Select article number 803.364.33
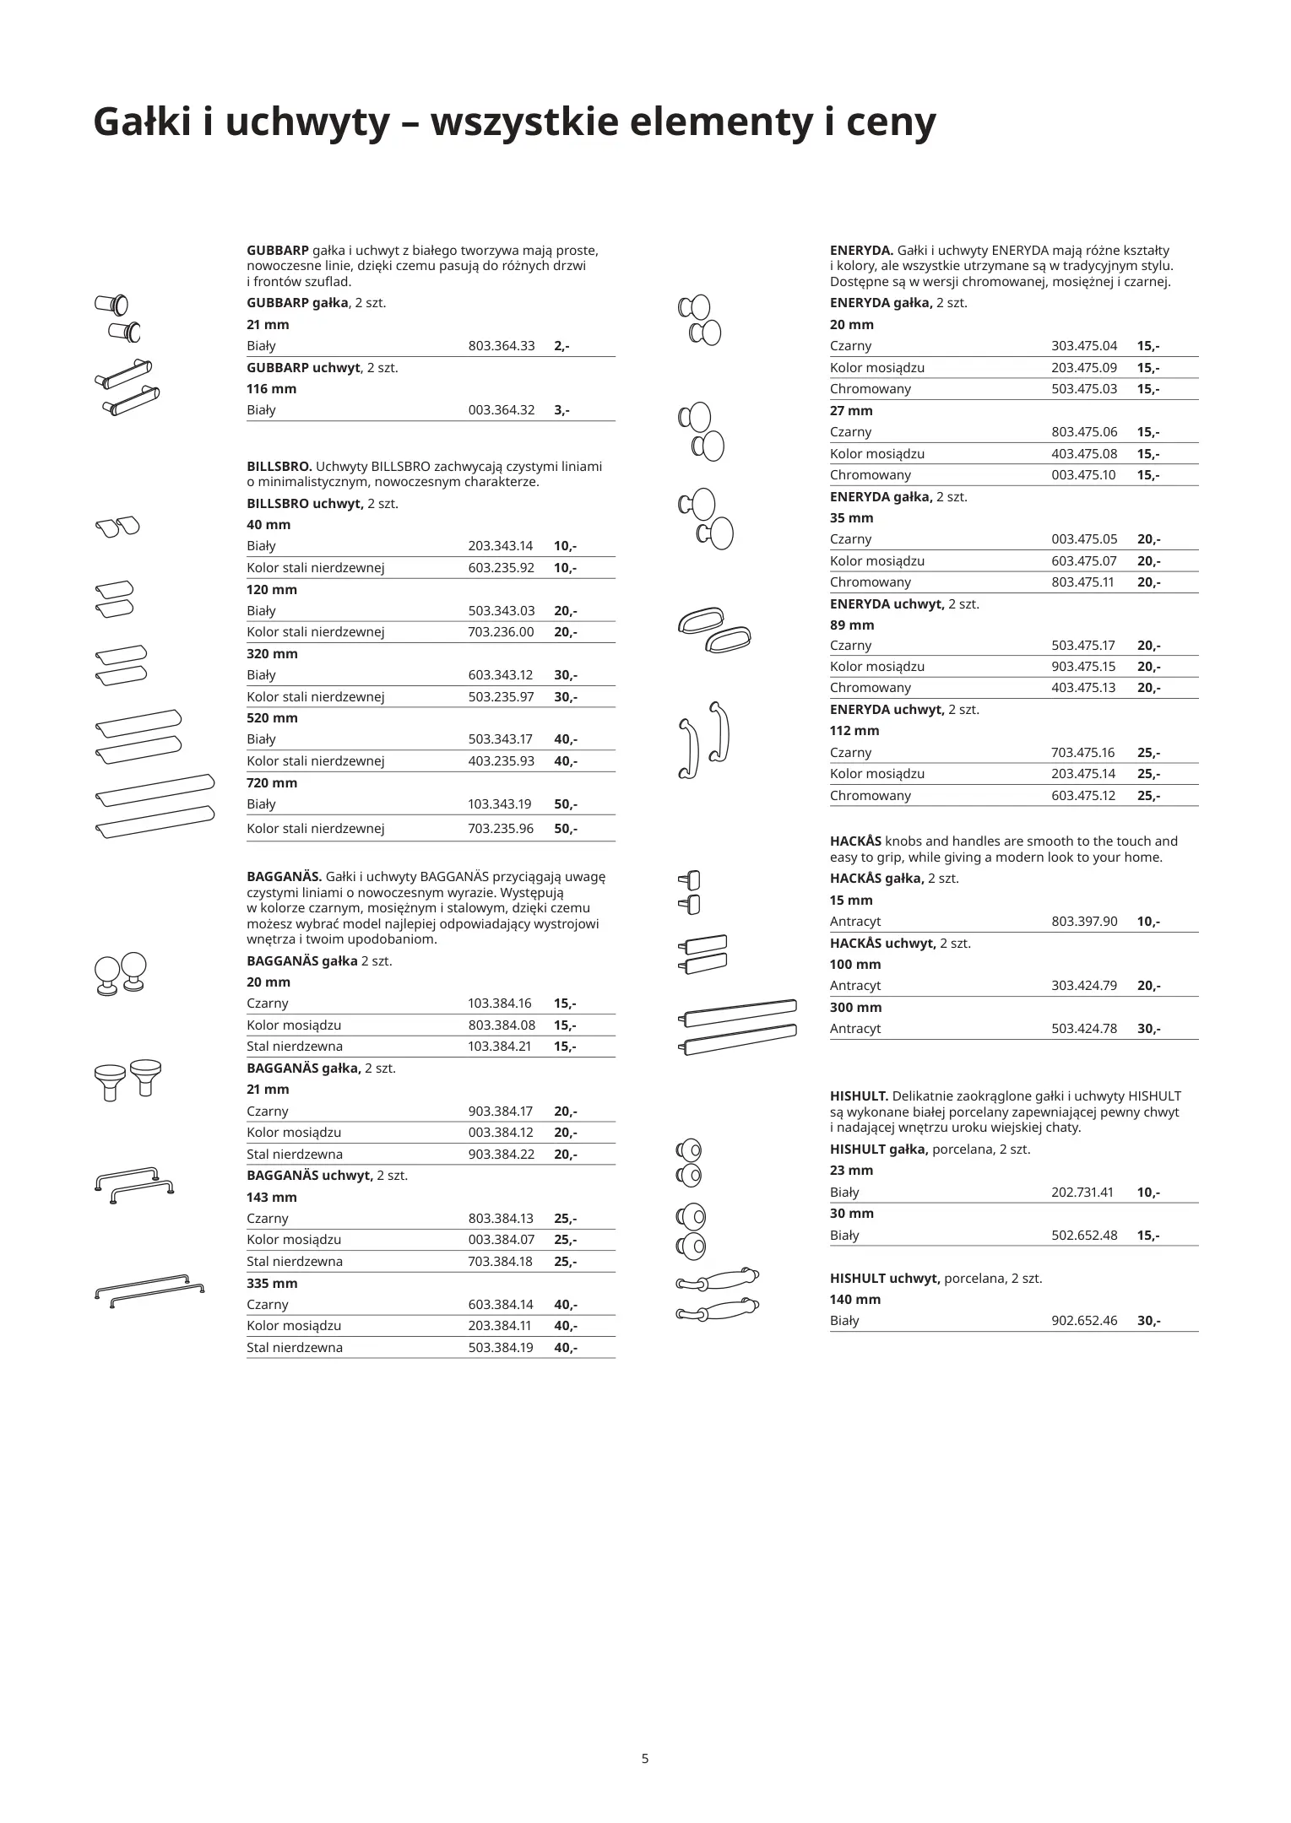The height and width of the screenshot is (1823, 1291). point(502,346)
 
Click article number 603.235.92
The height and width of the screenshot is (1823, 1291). point(502,568)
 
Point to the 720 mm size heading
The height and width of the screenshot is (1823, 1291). point(272,783)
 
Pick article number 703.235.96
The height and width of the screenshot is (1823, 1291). point(502,829)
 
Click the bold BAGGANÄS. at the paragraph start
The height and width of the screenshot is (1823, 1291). point(284,877)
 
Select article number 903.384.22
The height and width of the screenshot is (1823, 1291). point(502,1155)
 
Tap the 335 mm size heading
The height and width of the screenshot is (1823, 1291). point(272,1284)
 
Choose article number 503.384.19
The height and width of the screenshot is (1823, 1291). point(502,1348)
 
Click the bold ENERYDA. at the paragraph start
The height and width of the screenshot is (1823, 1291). point(861,251)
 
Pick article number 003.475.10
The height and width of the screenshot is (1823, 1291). point(1083,475)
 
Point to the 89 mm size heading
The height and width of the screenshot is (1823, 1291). point(852,625)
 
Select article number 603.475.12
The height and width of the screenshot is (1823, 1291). point(1083,796)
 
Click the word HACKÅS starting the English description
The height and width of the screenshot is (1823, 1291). point(855,841)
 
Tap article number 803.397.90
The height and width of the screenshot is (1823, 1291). point(1084,922)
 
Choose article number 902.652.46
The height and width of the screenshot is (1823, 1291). point(1084,1321)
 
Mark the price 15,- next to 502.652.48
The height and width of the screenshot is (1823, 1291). point(1148,1236)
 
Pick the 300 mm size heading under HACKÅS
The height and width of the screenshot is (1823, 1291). point(855,1008)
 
